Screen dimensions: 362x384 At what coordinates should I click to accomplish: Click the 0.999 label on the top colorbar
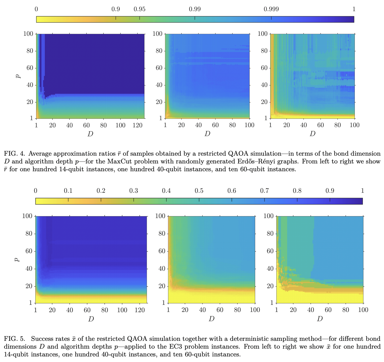click(271, 9)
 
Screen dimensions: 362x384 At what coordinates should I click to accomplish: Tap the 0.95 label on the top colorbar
click(139, 9)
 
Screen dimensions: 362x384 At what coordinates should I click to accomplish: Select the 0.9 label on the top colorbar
click(115, 9)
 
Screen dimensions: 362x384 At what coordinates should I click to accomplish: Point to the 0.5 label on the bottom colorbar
click(199, 191)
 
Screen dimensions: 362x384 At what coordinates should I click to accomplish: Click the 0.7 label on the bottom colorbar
click(264, 191)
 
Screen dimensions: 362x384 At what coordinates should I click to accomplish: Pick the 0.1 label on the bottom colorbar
click(68, 191)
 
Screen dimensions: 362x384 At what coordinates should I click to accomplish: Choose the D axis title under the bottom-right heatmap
click(320, 319)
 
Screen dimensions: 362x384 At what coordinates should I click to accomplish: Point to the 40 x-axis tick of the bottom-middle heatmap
click(203, 310)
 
